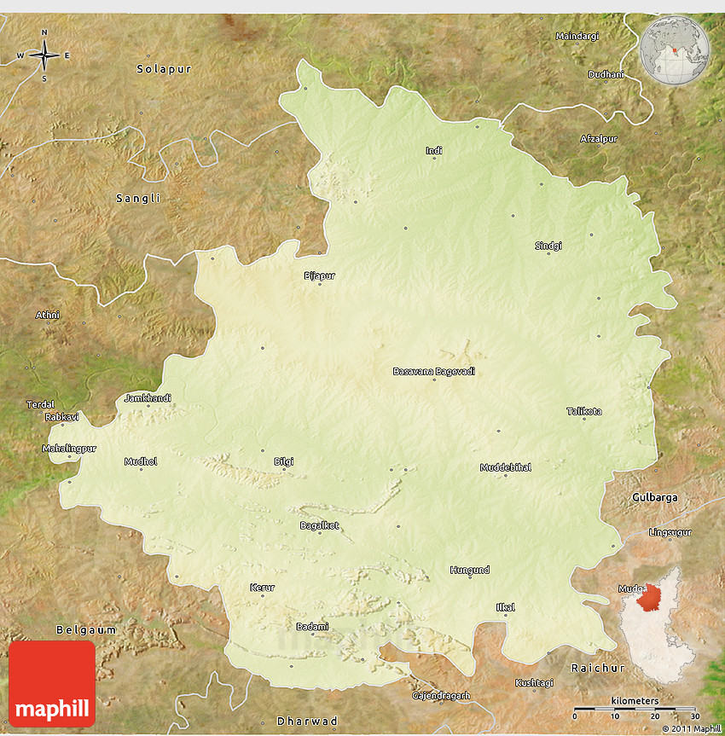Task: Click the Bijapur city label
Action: coord(320,275)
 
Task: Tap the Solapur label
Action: coord(164,67)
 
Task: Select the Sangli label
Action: coord(138,198)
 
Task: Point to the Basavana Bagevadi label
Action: coord(433,371)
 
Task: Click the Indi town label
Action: coord(434,151)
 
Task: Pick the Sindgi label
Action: coord(548,246)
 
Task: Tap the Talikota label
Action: coord(584,411)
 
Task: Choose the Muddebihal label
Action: coord(506,467)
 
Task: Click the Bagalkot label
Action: coord(320,525)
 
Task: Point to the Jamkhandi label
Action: coord(148,397)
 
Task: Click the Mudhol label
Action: coord(141,461)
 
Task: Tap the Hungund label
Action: coord(470,570)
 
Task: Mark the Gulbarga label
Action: coord(654,496)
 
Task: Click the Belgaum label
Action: coord(85,629)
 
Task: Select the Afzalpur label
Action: coord(599,138)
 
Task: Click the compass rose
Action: coord(44,55)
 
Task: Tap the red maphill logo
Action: coord(52,684)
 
